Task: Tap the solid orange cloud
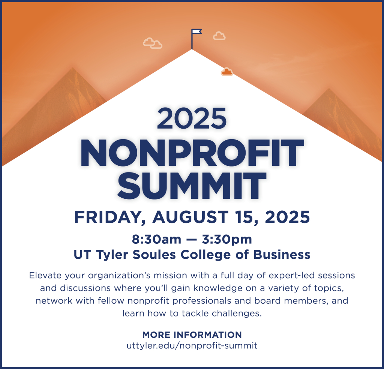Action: (227, 72)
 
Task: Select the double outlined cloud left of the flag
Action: (153, 43)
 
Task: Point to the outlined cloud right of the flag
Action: (219, 36)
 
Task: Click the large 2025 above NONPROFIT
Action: (192, 117)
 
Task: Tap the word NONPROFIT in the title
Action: (192, 153)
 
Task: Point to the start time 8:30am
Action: (154, 239)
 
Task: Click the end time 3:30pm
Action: (229, 239)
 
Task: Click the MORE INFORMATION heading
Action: (192, 335)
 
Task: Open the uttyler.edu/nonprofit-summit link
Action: (192, 345)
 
